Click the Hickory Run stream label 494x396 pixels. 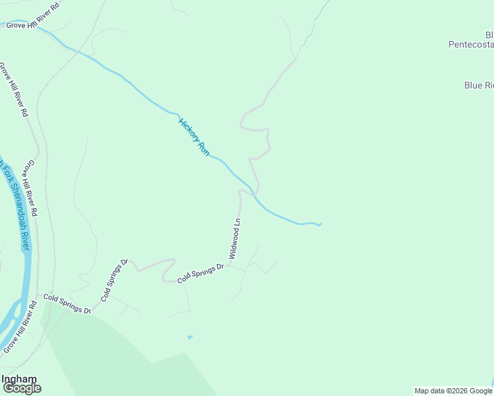(194, 137)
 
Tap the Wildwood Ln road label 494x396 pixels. (234, 238)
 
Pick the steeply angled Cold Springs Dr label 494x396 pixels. (114, 280)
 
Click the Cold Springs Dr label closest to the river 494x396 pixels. (66, 304)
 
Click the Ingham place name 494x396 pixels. (19, 379)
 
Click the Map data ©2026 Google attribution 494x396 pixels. (453, 391)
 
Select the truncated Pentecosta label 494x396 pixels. (471, 44)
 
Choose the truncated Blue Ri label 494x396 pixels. (479, 85)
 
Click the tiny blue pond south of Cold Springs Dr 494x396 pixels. (190, 337)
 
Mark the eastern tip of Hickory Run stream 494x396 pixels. (320, 224)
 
